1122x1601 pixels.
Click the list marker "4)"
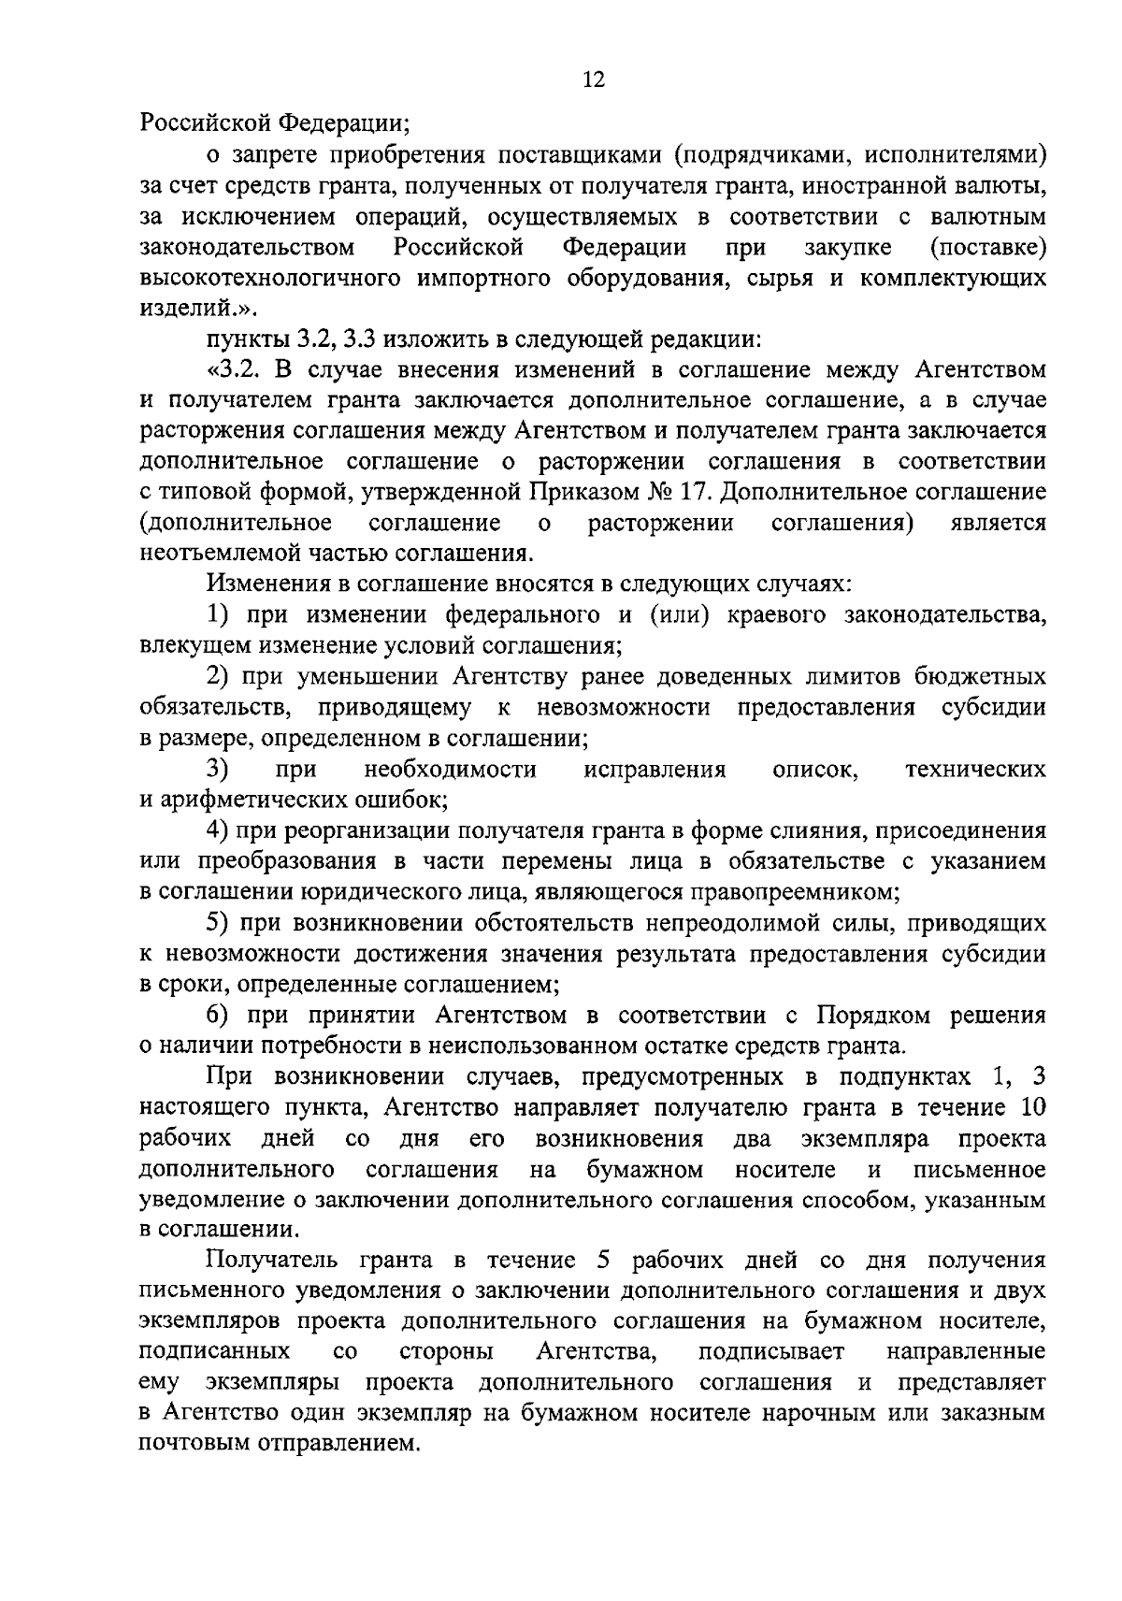point(219,831)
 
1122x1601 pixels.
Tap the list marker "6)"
point(219,1016)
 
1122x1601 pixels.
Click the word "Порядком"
point(875,1016)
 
